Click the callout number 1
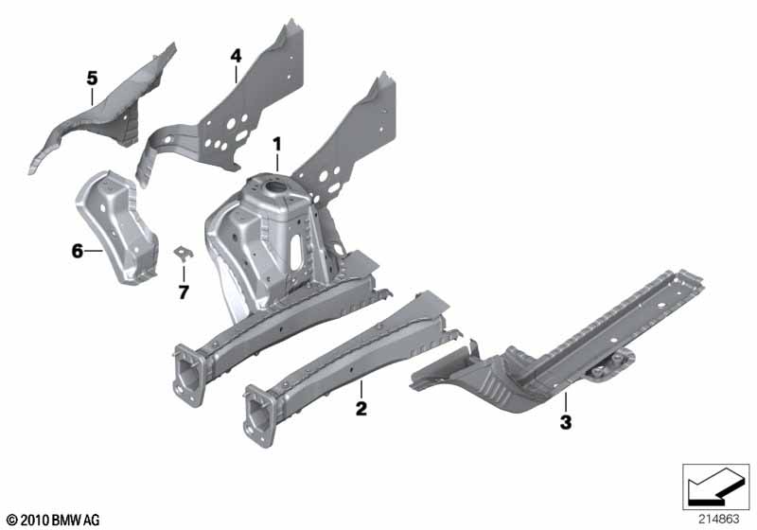click(276, 144)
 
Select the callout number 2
click(361, 409)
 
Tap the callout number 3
click(566, 422)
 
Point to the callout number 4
click(236, 56)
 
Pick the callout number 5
click(92, 78)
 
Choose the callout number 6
click(78, 251)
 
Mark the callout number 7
click(184, 292)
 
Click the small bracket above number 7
click(183, 253)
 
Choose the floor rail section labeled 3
click(555, 352)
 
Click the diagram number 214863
click(718, 520)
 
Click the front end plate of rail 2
click(259, 415)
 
